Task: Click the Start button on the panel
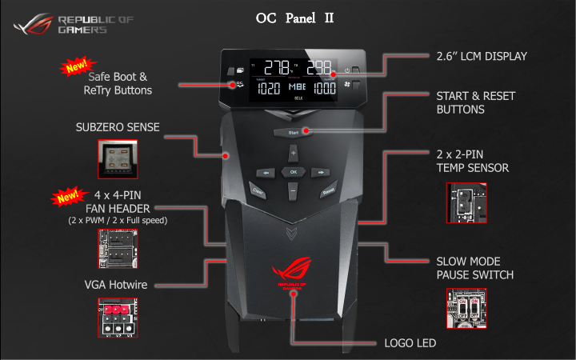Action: pyautogui.click(x=293, y=131)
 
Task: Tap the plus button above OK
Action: pyautogui.click(x=293, y=152)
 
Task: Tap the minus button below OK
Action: pyautogui.click(x=293, y=193)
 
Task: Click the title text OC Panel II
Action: pyautogui.click(x=294, y=18)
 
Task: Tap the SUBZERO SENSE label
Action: pyautogui.click(x=118, y=127)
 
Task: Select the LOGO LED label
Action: pyautogui.click(x=410, y=343)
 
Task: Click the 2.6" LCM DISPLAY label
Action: pyautogui.click(x=481, y=56)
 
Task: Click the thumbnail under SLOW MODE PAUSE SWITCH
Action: pyautogui.click(x=466, y=309)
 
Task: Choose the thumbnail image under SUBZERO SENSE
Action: pyautogui.click(x=118, y=159)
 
